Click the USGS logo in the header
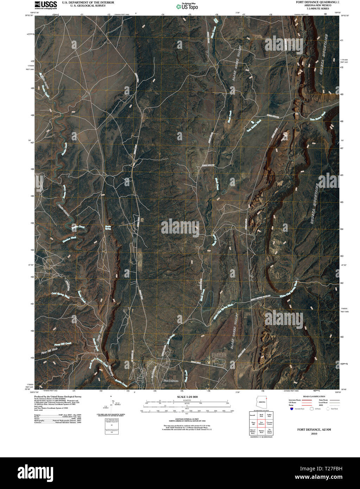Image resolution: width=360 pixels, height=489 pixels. (x=46, y=4)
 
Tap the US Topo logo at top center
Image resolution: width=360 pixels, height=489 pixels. (x=187, y=6)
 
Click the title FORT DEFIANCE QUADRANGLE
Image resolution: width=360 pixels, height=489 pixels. (x=318, y=2)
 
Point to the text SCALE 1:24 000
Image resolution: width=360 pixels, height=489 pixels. (x=185, y=397)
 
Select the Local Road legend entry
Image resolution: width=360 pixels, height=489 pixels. (x=323, y=402)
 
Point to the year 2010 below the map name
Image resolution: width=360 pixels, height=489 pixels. (x=314, y=434)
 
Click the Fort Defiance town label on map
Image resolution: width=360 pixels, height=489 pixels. (x=171, y=381)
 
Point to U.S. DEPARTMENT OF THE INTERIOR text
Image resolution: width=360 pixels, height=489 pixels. (x=88, y=2)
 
